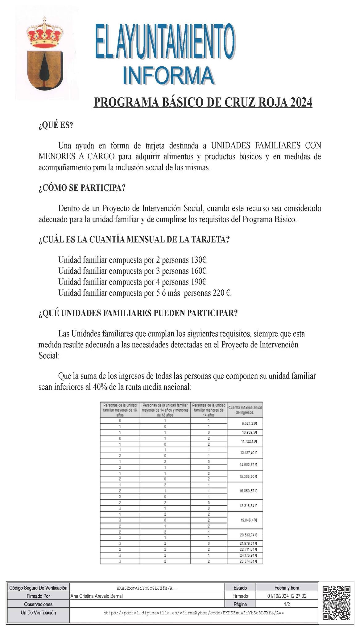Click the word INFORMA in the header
[x=168, y=76]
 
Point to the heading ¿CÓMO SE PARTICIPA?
[x=82, y=188]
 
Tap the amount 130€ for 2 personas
[x=198, y=260]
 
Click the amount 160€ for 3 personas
[x=198, y=271]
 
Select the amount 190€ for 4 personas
[x=198, y=282]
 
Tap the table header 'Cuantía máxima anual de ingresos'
[x=245, y=410]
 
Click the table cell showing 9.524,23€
[x=249, y=423]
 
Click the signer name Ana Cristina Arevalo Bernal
[x=97, y=596]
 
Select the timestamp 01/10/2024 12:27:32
[x=287, y=596]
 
